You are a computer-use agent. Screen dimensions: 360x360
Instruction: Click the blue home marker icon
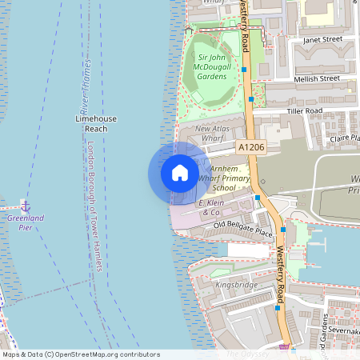[x=180, y=172]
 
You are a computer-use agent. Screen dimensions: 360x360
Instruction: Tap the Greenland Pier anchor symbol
[x=25, y=206]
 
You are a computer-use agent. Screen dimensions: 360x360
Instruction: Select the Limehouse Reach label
[x=96, y=123]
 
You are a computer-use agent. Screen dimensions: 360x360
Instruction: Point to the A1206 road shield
[x=251, y=147]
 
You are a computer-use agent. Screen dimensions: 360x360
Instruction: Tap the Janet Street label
[x=322, y=38]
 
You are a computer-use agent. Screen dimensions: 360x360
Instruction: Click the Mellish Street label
[x=318, y=78]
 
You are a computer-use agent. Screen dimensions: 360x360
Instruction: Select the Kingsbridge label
[x=235, y=284]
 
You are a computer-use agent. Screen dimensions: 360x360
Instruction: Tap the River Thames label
[x=85, y=87]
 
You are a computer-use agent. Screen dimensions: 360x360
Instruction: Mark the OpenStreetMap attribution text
[x=81, y=354]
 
